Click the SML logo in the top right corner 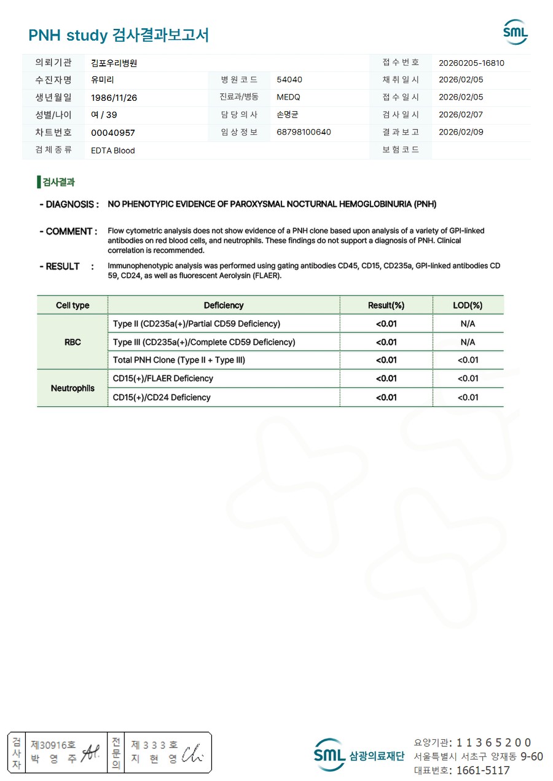515,31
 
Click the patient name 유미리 102,80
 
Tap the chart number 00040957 113,132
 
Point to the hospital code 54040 289,80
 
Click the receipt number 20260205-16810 471,63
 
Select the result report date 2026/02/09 461,132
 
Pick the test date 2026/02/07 461,115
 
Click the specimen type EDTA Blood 113,151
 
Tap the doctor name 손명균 288,115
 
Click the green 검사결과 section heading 58,182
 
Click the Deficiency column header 224,305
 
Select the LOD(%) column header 468,305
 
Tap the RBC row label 73,342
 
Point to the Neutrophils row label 73,388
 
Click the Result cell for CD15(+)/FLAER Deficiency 386,379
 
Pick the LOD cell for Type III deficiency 468,342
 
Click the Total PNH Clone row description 179,360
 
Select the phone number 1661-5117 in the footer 482,770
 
